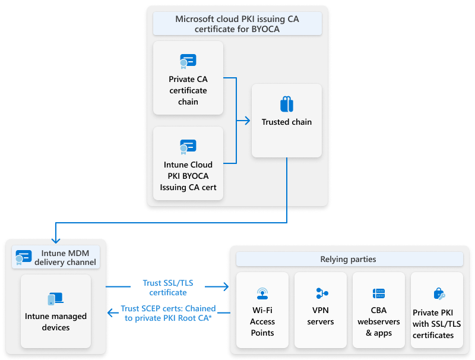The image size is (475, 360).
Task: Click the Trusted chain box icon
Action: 287,104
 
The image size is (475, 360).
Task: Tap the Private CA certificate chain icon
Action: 188,61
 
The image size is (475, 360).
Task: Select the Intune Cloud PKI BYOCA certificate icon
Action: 188,146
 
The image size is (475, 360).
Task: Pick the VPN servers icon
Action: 321,293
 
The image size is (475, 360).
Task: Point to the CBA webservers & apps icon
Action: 379,293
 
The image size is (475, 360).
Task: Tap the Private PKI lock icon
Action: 438,293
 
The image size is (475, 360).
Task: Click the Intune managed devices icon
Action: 56,299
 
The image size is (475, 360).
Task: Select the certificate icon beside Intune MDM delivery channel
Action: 24,257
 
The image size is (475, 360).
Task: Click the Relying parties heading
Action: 349,259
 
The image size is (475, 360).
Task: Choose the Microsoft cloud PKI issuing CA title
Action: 237,24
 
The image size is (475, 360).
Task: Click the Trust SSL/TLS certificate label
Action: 168,288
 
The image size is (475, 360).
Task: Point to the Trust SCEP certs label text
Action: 168,313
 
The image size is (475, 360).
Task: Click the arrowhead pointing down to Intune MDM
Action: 55,241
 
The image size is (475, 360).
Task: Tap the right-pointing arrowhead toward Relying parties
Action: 226,287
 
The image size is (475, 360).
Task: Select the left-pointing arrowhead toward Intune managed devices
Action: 109,312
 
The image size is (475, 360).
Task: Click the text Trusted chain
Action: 287,122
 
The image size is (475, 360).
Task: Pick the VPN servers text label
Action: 321,316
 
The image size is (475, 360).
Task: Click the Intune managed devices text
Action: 56,322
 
